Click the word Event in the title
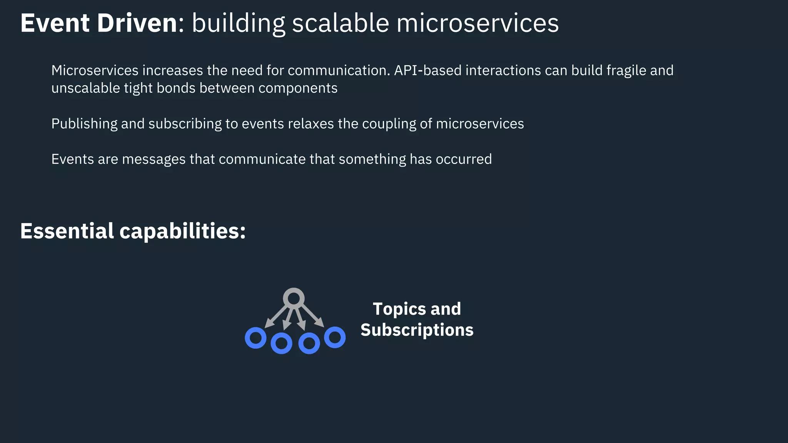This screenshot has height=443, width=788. (55, 23)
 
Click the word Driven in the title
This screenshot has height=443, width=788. (137, 23)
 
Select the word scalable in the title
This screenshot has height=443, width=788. (341, 23)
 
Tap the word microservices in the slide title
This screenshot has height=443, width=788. (477, 23)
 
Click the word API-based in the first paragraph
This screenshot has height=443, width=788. (427, 70)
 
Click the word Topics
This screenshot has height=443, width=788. (399, 309)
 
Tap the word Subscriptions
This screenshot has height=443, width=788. (417, 330)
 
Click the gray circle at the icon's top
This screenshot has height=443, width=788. (294, 298)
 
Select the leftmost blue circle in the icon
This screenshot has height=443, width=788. (255, 338)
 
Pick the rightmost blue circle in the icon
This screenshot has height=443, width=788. (335, 337)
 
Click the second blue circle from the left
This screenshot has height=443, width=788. (281, 343)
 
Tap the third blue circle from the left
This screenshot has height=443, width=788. (309, 343)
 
